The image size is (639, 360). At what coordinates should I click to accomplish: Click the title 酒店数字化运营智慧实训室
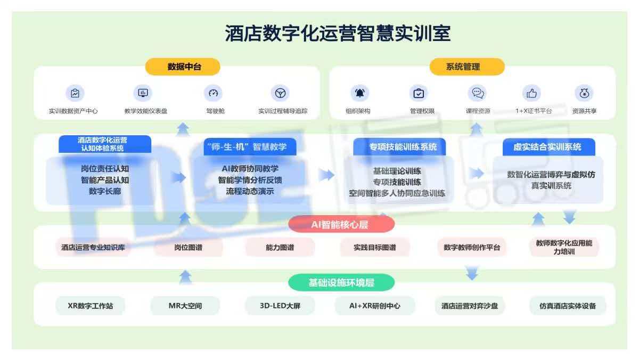click(338, 33)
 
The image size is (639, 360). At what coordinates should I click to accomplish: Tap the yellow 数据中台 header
click(182, 67)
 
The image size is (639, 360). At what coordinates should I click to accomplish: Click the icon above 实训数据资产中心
click(75, 93)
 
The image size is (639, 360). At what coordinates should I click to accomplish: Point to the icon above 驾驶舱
click(213, 93)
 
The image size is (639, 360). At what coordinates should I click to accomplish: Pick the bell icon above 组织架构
click(360, 93)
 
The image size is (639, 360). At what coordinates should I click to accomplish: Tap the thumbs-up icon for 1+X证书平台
click(531, 93)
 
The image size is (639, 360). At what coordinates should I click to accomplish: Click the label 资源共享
click(584, 111)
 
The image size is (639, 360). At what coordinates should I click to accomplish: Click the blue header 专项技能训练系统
click(399, 146)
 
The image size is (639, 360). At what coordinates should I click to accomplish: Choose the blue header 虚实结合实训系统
click(548, 146)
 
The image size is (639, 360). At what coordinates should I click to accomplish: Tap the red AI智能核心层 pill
click(341, 224)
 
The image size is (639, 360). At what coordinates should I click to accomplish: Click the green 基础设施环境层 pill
click(341, 282)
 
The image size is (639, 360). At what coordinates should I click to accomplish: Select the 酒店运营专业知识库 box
click(94, 247)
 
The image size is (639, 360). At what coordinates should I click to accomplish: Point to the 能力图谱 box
click(280, 247)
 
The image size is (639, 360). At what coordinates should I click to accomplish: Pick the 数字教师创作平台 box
click(472, 247)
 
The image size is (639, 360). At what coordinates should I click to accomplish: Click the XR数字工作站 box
click(90, 306)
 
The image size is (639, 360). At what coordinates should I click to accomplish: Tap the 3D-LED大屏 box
click(280, 306)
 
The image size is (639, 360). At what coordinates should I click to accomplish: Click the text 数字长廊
click(105, 191)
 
